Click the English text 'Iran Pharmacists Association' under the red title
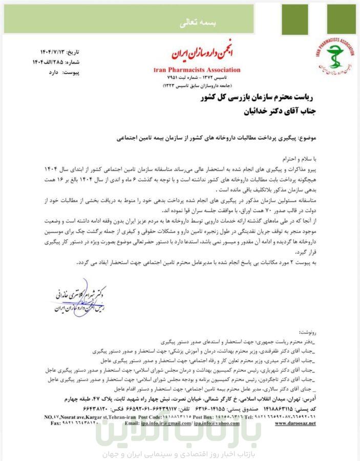point(197,70)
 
